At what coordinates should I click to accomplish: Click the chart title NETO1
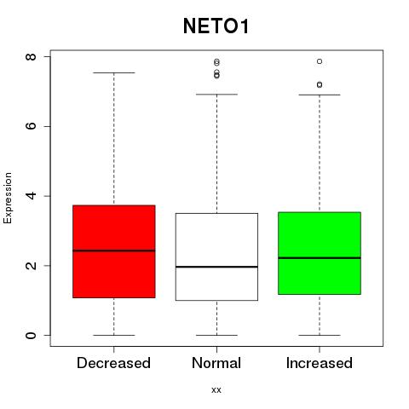pyautogui.click(x=216, y=26)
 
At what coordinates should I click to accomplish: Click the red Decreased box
pyautogui.click(x=114, y=251)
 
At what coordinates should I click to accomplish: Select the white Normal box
pyautogui.click(x=216, y=256)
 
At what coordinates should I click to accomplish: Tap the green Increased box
pyautogui.click(x=320, y=253)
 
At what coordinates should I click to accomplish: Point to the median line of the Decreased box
pyautogui.click(x=114, y=251)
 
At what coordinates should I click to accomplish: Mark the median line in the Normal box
pyautogui.click(x=216, y=267)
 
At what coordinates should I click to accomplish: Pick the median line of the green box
pyautogui.click(x=320, y=258)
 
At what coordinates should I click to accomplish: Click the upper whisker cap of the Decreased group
pyautogui.click(x=114, y=72)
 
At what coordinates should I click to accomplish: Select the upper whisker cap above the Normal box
pyautogui.click(x=216, y=95)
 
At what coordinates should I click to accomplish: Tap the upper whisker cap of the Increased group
pyautogui.click(x=320, y=95)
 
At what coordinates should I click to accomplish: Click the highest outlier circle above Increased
pyautogui.click(x=320, y=61)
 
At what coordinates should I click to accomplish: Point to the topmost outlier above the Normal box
pyautogui.click(x=216, y=61)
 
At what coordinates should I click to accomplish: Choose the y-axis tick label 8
pyautogui.click(x=31, y=56)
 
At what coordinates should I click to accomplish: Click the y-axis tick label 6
pyautogui.click(x=31, y=126)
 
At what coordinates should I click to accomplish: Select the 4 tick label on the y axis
pyautogui.click(x=31, y=196)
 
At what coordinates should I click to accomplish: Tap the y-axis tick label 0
pyautogui.click(x=31, y=335)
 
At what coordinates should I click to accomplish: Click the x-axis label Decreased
pyautogui.click(x=113, y=363)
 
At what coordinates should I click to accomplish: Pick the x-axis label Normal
pyautogui.click(x=216, y=363)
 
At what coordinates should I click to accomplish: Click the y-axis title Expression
pyautogui.click(x=8, y=198)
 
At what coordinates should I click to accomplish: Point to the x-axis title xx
pyautogui.click(x=216, y=389)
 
